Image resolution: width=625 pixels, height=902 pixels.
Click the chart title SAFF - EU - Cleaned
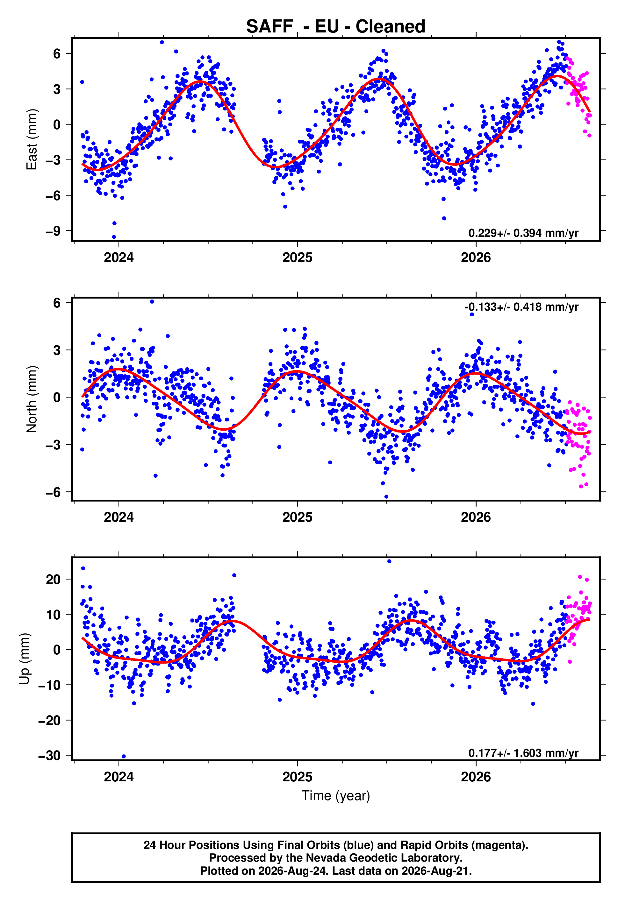336,27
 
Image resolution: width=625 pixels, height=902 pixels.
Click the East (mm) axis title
32,139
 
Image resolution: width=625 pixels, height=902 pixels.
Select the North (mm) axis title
32,399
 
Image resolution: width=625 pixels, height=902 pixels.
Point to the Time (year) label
336,796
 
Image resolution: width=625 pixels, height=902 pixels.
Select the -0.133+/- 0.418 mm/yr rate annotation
521,307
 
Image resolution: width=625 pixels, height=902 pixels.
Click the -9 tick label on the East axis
53,231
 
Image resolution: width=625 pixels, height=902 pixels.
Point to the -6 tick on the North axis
53,492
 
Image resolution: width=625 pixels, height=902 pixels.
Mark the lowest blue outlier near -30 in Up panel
124,757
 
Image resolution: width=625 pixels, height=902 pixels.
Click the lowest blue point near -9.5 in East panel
114,237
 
